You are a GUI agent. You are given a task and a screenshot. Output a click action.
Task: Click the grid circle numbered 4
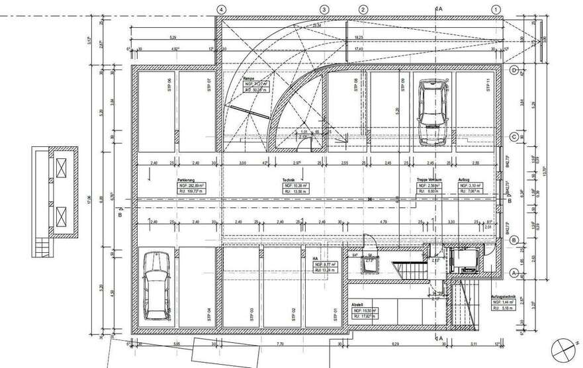coord(221,9)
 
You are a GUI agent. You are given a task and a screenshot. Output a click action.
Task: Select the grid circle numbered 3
coord(324,9)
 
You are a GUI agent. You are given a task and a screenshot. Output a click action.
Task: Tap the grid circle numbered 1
coord(496,9)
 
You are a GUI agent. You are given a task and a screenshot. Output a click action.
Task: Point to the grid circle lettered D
coord(514,69)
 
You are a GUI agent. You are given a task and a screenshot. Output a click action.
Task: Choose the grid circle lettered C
coord(514,137)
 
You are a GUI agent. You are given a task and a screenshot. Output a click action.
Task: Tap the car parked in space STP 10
coord(431,111)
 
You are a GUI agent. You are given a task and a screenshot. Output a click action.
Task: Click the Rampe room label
coord(248,78)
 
